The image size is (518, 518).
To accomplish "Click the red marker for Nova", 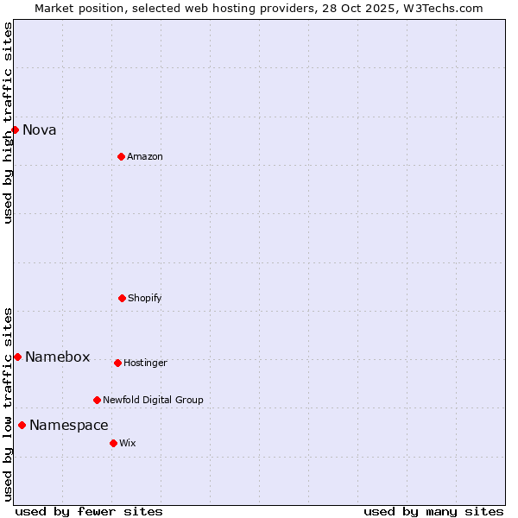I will pos(15,129).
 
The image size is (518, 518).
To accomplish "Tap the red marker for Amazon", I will pos(121,156).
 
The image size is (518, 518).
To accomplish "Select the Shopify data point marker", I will pos(122,298).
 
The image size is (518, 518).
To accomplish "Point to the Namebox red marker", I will pos(17,357).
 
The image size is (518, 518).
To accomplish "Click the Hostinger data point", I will pos(117,363).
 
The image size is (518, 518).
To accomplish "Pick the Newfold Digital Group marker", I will pos(97,400).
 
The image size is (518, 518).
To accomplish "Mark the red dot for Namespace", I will pos(22,425).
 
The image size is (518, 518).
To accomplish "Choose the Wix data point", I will pos(113,443).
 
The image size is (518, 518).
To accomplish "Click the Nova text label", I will pos(40,130).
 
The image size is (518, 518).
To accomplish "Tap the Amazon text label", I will pos(145,157).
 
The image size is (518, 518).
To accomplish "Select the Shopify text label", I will pos(145,299).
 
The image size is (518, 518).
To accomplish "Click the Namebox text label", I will pos(57,357).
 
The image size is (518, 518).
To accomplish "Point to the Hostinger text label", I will pos(145,363).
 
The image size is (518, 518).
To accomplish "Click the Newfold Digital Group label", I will pos(153,401).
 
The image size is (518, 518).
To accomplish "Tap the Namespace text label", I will pos(69,426).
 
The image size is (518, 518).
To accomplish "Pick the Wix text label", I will pos(128,444).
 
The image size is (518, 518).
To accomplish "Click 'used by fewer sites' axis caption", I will pos(89,511).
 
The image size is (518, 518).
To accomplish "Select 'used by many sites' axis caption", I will pos(433,511).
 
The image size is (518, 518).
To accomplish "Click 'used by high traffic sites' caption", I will pos(8,123).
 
